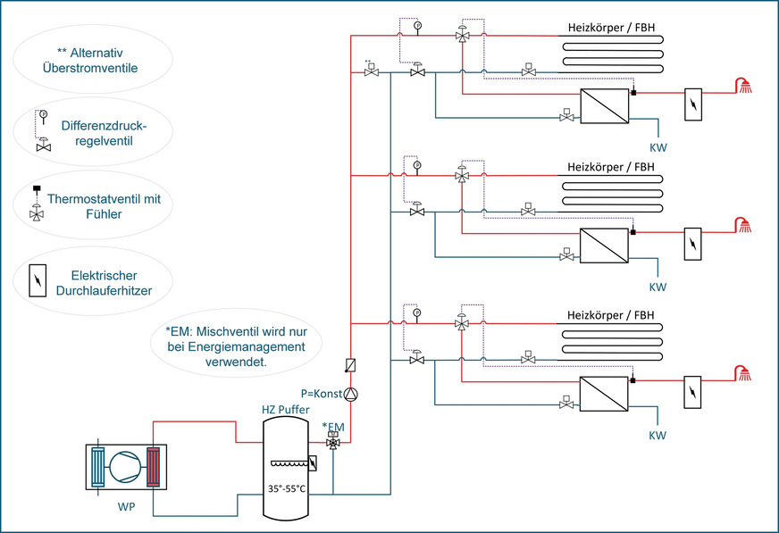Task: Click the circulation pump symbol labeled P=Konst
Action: coord(351,394)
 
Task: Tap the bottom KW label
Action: coord(657,436)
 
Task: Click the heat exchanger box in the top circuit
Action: coord(605,104)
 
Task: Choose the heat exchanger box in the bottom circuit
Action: coord(605,392)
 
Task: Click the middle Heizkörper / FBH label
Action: coord(610,167)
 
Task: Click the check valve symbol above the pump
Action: coord(351,365)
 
